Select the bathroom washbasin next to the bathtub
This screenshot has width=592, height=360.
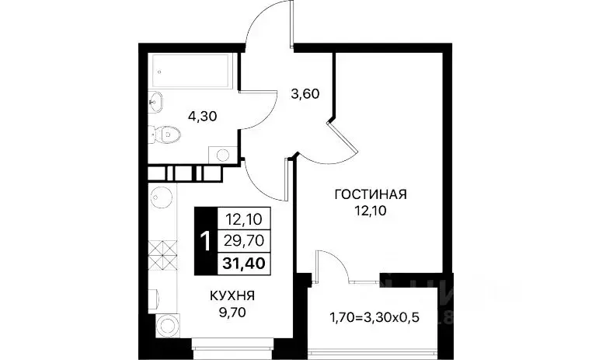pos(155,102)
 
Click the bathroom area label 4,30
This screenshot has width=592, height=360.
pos(202,117)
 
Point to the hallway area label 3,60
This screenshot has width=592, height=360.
pos(305,93)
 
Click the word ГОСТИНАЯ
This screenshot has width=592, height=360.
pos(371,194)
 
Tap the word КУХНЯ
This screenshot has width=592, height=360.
pos(232,295)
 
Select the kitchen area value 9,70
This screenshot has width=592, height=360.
pos(232,313)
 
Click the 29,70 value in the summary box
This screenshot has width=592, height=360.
pos(244,240)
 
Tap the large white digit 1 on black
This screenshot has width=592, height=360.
pos(205,241)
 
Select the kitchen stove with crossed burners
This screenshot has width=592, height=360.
pos(162,255)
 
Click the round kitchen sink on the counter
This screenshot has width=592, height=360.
pos(162,197)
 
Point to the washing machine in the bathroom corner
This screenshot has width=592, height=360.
pos(223,155)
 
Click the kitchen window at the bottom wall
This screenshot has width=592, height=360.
pos(232,344)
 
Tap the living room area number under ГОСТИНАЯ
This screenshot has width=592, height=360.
pos(371,211)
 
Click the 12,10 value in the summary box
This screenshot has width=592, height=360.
pos(244,218)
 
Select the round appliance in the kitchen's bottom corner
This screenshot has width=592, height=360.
pos(169,325)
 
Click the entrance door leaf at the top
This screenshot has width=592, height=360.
pos(292,23)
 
